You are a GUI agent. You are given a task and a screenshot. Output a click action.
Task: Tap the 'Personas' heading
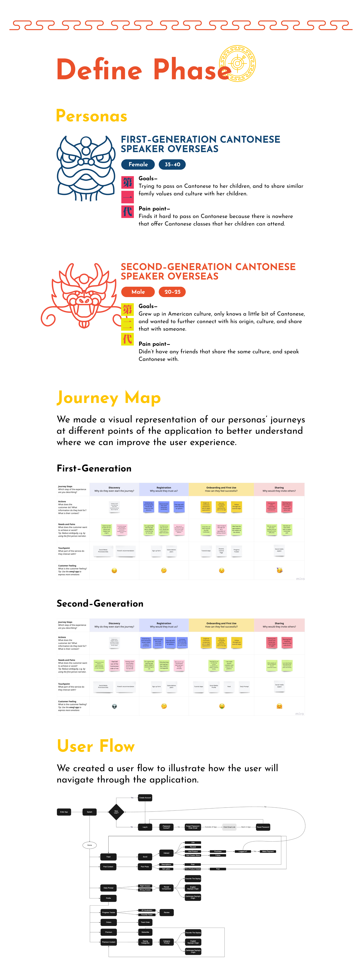[x=92, y=116]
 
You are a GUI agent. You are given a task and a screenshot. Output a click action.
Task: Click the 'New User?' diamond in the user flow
[x=116, y=812]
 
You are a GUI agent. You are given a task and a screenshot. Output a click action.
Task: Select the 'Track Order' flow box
[x=145, y=922]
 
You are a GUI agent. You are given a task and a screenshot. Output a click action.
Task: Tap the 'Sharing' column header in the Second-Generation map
[x=279, y=625]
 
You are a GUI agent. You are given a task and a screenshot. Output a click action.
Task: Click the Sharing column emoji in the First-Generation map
[x=279, y=570]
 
